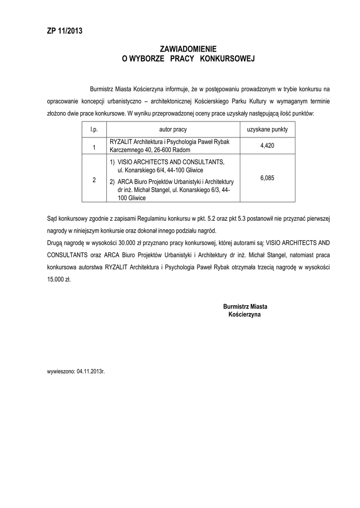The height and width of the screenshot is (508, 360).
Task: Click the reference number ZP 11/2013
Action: (x=62, y=31)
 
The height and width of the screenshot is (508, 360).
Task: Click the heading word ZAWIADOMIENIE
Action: (x=188, y=49)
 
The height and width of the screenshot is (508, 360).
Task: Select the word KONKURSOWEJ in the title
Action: (x=227, y=59)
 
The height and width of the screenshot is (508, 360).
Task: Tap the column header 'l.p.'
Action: (x=94, y=129)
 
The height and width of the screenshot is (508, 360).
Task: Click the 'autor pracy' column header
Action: (x=173, y=129)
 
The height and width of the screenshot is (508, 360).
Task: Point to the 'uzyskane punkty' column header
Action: (x=267, y=129)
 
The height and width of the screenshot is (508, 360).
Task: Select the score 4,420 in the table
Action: (x=267, y=146)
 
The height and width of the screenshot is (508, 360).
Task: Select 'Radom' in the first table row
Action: (x=181, y=149)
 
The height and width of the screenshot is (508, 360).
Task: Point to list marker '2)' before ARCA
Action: (x=112, y=182)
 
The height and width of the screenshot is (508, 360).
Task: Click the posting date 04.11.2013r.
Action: (x=91, y=371)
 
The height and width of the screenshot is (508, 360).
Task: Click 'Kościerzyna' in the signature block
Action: (x=245, y=315)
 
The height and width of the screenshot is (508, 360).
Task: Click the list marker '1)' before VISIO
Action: (x=112, y=162)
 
